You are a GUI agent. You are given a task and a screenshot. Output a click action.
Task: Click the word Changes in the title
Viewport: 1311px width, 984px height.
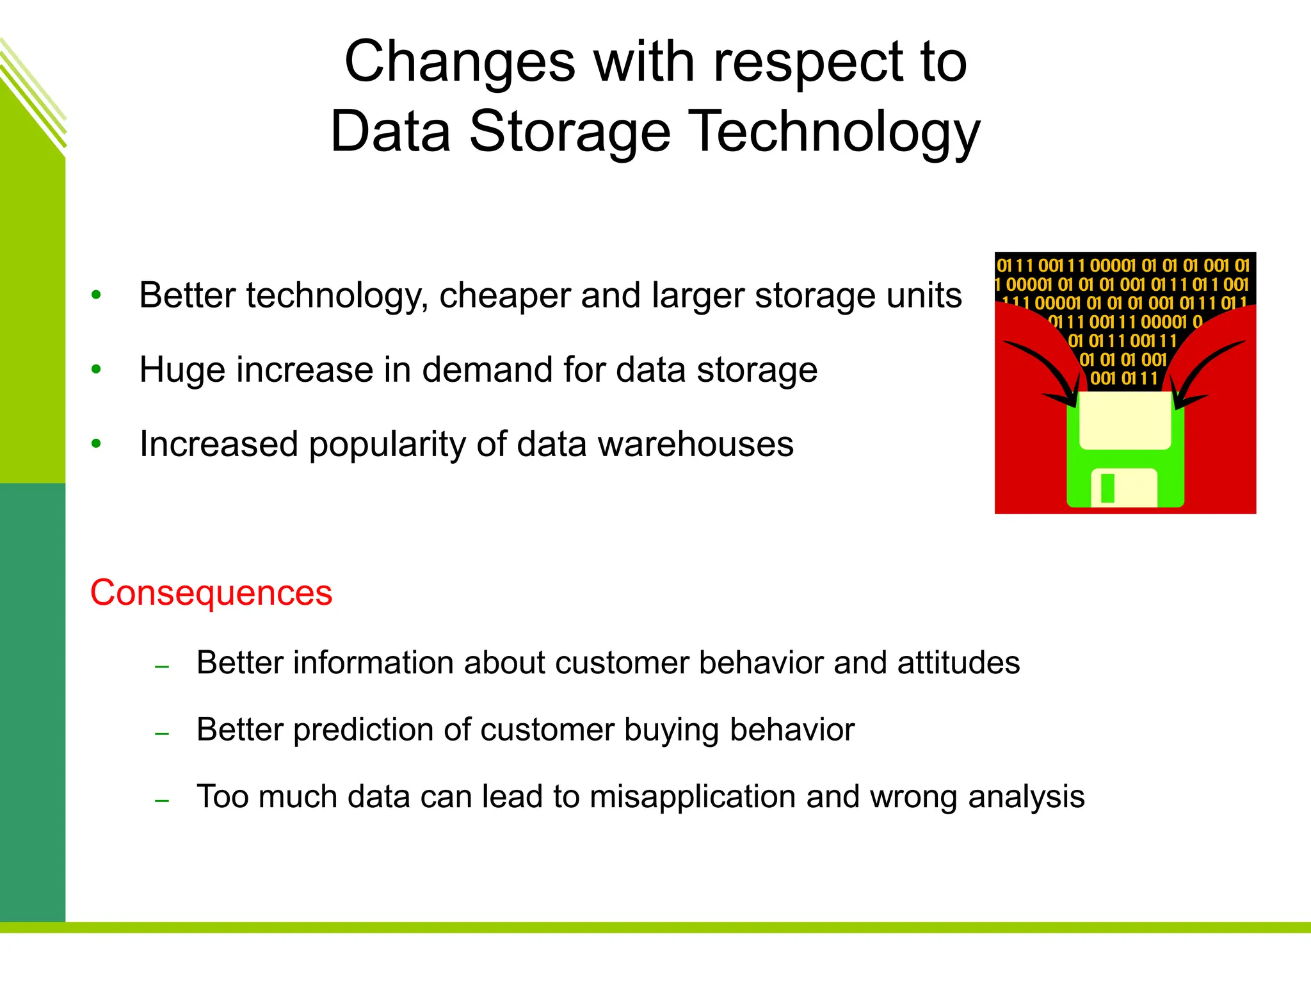(x=460, y=62)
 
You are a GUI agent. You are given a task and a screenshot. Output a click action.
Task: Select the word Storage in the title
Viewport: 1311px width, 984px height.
(x=570, y=131)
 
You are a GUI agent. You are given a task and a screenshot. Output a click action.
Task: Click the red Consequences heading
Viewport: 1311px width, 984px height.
(x=211, y=593)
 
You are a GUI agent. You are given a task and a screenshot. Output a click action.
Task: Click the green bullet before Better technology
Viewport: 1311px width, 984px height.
(x=96, y=295)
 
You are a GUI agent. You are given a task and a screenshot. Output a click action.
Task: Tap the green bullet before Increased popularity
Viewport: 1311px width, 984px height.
(x=96, y=444)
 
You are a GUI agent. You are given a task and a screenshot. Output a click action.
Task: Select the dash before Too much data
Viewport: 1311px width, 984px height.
(x=162, y=801)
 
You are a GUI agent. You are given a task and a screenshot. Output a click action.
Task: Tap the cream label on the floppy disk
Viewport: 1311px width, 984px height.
(x=1125, y=420)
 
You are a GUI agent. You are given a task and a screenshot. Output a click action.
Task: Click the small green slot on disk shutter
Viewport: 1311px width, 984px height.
(x=1107, y=488)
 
